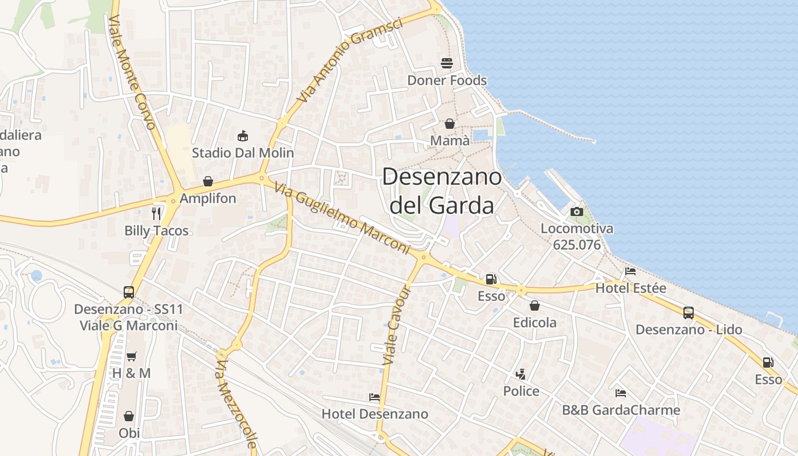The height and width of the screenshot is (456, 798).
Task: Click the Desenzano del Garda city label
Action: pyautogui.click(x=442, y=191)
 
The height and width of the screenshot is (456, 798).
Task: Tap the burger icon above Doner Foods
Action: pyautogui.click(x=446, y=63)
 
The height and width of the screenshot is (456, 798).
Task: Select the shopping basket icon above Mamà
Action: pyautogui.click(x=450, y=124)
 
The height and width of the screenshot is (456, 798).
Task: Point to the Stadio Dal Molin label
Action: pyautogui.click(x=243, y=153)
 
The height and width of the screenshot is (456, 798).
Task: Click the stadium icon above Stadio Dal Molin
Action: pyautogui.click(x=243, y=136)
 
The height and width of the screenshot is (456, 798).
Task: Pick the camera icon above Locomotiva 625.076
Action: pyautogui.click(x=577, y=211)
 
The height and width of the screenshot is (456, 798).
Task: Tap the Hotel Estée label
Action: pyautogui.click(x=630, y=288)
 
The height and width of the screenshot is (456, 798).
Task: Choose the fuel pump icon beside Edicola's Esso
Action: pyautogui.click(x=491, y=279)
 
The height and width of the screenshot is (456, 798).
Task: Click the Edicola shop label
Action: pyautogui.click(x=535, y=323)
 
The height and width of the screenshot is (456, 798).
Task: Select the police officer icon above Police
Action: pyautogui.click(x=520, y=374)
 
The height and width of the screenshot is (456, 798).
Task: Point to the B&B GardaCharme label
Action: pyautogui.click(x=621, y=410)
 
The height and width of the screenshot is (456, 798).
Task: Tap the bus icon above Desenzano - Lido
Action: pyautogui.click(x=689, y=312)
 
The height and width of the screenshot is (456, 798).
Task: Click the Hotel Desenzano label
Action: pyautogui.click(x=374, y=414)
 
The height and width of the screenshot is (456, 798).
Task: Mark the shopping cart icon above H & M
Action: pyautogui.click(x=132, y=356)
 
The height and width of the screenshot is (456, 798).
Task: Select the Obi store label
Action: pyautogui.click(x=129, y=433)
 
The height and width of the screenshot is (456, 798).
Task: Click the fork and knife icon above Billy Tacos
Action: pyautogui.click(x=156, y=214)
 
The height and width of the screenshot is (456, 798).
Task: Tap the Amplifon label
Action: pyautogui.click(x=207, y=198)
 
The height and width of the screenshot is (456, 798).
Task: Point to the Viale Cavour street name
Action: pyautogui.click(x=397, y=325)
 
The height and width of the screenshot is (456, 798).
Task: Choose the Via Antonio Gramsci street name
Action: pyautogui.click(x=349, y=60)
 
